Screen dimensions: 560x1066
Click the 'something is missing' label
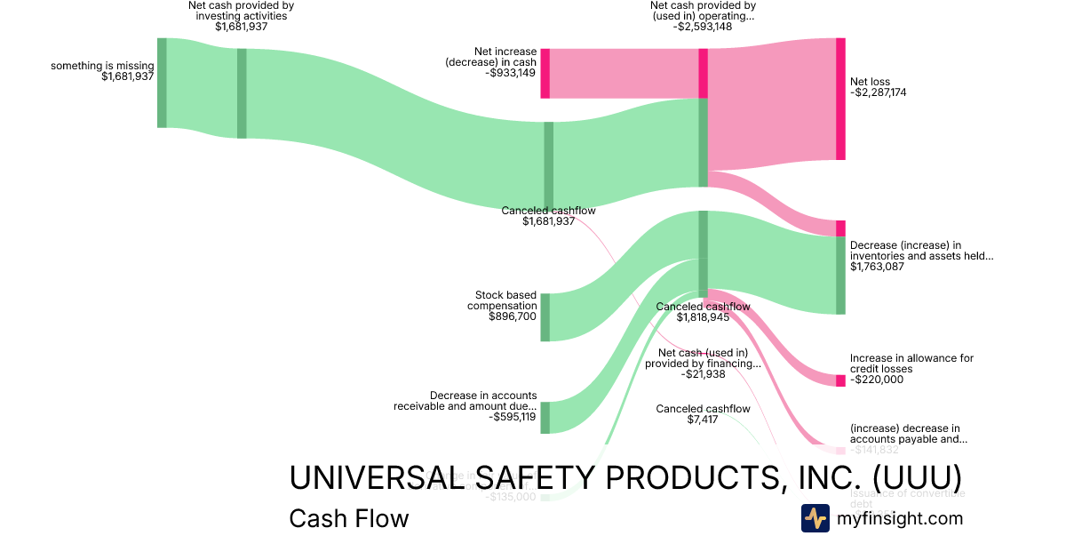click(102, 66)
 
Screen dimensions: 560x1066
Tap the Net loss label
click(870, 82)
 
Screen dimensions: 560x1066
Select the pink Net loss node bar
click(840, 99)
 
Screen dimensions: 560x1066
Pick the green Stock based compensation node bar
click(545, 317)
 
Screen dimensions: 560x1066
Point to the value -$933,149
click(511, 73)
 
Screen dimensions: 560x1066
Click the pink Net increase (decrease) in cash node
click(545, 73)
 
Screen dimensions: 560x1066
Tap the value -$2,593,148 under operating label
click(703, 27)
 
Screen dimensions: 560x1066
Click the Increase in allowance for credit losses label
click(911, 364)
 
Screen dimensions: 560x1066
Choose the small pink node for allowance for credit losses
click(840, 380)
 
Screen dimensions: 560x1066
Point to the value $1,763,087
click(877, 266)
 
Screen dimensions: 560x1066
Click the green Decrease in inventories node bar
click(840, 276)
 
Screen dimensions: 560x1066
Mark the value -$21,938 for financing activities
click(703, 374)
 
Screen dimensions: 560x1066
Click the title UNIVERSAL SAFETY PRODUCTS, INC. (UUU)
click(625, 477)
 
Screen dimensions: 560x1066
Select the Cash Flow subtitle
click(349, 518)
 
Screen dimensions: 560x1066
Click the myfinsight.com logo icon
click(815, 518)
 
